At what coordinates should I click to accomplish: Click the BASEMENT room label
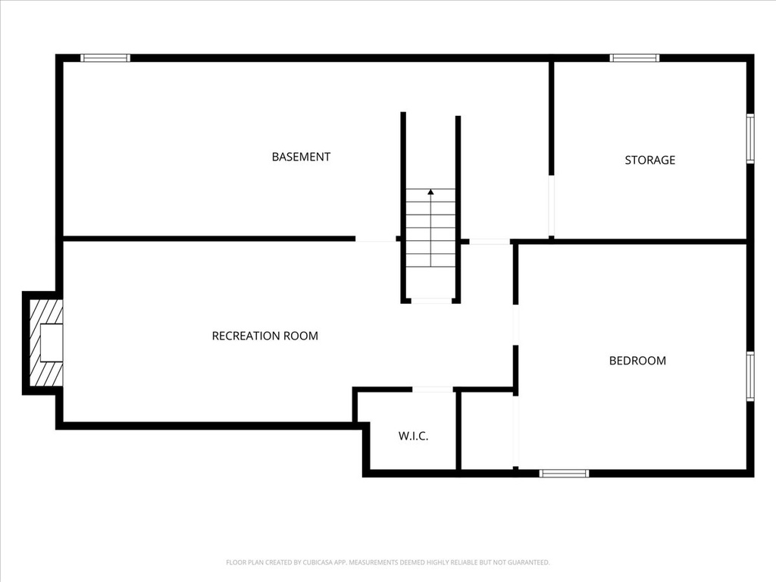click(x=301, y=157)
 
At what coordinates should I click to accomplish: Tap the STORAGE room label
click(x=649, y=160)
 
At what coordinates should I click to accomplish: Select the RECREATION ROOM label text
click(x=264, y=336)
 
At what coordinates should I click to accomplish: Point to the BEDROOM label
click(x=637, y=361)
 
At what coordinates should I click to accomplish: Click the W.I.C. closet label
click(x=413, y=436)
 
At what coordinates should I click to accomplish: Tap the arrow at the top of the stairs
click(x=430, y=192)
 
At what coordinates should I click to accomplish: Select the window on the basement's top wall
click(x=105, y=58)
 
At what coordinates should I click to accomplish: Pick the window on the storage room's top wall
click(x=634, y=58)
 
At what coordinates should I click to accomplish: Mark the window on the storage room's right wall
click(x=749, y=139)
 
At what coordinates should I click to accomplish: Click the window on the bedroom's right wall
click(x=749, y=376)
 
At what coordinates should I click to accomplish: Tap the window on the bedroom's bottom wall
click(x=564, y=474)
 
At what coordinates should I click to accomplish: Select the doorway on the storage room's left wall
click(x=551, y=207)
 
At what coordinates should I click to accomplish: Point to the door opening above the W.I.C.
click(x=433, y=390)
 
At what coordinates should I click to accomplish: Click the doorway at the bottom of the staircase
click(x=430, y=301)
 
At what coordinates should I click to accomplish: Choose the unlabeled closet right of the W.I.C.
click(x=487, y=430)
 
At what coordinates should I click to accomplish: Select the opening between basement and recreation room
click(x=375, y=239)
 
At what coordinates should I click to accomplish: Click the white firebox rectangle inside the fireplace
click(x=52, y=342)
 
